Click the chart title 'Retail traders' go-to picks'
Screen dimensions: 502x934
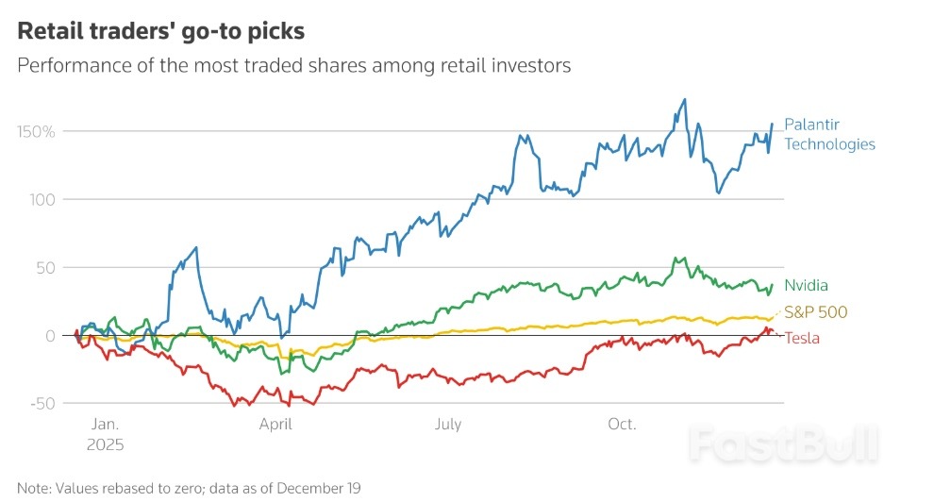pos(161,31)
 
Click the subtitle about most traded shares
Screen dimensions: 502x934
pos(294,67)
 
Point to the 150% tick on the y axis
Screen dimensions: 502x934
pos(36,131)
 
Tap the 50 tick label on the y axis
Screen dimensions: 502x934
pos(43,267)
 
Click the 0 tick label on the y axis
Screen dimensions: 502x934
pos(50,335)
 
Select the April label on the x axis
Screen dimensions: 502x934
pos(276,425)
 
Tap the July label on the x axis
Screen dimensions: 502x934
pos(448,425)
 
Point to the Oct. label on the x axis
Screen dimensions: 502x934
pos(622,425)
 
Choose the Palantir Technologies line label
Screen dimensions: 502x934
pos(829,134)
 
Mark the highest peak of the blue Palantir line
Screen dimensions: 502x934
pos(684,99)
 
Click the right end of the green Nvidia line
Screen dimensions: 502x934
pos(773,284)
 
